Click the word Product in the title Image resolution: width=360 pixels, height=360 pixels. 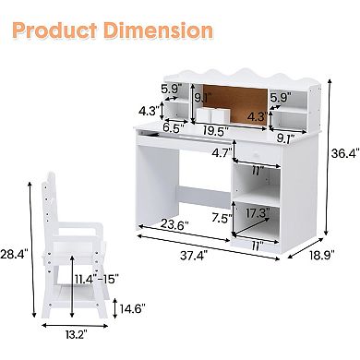coord(54,30)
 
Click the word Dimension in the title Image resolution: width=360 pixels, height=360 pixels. coord(158,30)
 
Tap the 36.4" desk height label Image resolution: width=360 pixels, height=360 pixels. coord(345,153)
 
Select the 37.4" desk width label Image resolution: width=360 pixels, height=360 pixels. coord(194,255)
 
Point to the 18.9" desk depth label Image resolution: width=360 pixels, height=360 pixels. coord(321,255)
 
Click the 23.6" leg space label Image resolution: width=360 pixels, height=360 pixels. coord(174,225)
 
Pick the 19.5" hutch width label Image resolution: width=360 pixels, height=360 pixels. coord(216,131)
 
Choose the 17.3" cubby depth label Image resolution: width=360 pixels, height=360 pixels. coord(258,213)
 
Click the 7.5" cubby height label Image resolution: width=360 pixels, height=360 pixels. coord(222,218)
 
